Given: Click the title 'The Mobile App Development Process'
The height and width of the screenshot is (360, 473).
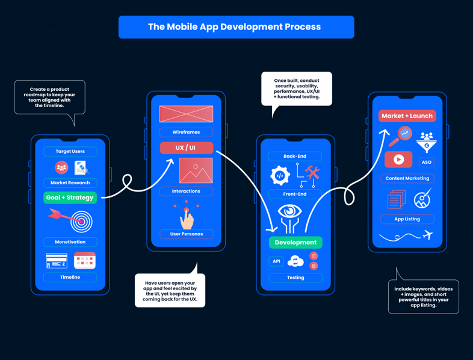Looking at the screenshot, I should click(x=236, y=27).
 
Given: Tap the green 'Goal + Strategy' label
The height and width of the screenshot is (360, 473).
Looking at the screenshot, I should click(x=70, y=197).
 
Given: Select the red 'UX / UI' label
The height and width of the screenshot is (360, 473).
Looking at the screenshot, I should click(x=186, y=147).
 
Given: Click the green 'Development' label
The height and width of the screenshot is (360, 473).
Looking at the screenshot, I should click(x=295, y=242).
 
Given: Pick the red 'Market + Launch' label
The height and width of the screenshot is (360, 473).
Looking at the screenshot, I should click(x=407, y=116).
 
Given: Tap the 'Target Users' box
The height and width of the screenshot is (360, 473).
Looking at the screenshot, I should click(x=70, y=151).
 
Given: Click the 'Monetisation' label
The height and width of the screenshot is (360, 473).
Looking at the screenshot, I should click(x=70, y=241).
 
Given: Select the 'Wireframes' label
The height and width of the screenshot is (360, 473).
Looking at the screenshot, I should click(x=186, y=132).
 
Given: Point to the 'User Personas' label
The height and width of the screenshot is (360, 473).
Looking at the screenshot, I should click(x=186, y=234).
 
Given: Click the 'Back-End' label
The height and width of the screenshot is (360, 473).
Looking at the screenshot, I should click(x=295, y=156).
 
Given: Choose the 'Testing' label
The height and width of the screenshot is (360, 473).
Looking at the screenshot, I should click(x=295, y=278).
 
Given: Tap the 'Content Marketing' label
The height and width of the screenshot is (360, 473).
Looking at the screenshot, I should click(x=407, y=178).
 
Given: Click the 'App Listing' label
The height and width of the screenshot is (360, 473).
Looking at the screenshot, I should click(x=407, y=219).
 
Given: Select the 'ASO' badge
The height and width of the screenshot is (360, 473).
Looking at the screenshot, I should click(x=426, y=162).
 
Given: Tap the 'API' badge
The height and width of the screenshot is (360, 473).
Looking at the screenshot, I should click(x=276, y=261).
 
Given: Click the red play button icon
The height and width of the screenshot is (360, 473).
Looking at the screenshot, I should click(x=398, y=160).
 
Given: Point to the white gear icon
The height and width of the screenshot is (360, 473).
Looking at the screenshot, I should click(x=280, y=175).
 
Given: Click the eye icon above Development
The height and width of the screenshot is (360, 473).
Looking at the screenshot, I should click(x=289, y=213).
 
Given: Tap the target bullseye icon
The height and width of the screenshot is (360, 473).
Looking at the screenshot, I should click(x=81, y=222).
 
